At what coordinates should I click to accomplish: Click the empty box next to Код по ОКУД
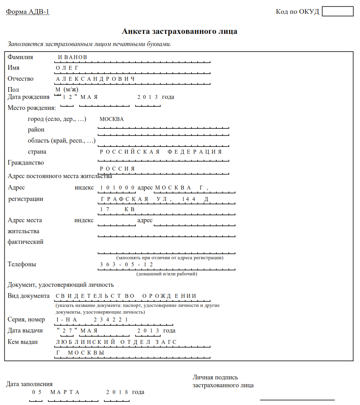coord(338,11)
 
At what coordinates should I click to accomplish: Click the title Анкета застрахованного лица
coord(180,32)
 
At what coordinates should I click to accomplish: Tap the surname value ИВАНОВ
coord(72,58)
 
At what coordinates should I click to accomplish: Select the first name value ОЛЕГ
coord(67,68)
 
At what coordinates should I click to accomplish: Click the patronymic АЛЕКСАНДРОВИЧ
coord(95,79)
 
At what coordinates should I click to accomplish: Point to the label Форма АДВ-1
coord(28,11)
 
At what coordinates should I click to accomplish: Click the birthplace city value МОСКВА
coord(111,119)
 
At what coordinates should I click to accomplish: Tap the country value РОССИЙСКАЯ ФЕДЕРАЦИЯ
coord(161,152)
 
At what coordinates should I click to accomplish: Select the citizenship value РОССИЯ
coord(117,169)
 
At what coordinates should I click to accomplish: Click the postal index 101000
coord(117,188)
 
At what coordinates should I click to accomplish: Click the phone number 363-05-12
coord(126,264)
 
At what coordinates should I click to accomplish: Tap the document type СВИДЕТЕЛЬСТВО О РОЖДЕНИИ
coord(126,296)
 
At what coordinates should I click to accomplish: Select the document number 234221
coord(111,320)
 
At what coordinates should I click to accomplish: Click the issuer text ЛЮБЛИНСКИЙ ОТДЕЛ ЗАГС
coord(116,342)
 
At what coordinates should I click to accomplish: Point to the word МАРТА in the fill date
coord(65,392)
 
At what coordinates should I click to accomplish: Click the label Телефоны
coord(22,264)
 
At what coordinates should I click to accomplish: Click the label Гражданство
coord(26,163)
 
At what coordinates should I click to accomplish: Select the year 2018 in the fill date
coord(117,392)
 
